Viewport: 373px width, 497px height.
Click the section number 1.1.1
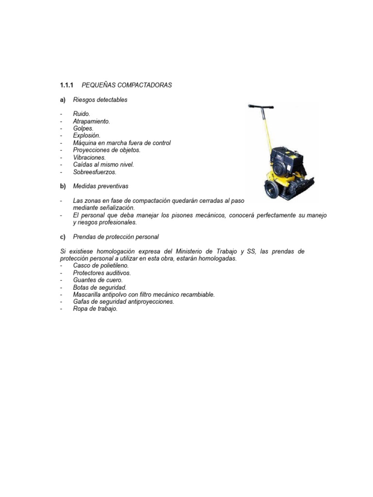pos(66,85)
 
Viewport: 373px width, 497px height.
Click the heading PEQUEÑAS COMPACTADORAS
pos(127,85)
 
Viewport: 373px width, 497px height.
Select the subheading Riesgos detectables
pos(100,99)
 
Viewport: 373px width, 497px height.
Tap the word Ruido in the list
pos(82,114)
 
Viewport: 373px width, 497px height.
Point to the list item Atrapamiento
pos(91,121)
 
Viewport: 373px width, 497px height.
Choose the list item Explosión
pos(86,136)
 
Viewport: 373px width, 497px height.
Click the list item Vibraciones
pos(89,157)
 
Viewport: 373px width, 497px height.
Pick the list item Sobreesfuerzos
pos(95,172)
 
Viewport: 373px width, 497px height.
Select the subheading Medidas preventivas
pos(101,186)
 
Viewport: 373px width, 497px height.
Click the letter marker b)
pos(63,186)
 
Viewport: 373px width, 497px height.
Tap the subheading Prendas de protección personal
pos(116,237)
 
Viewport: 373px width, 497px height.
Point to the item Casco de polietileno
pos(101,265)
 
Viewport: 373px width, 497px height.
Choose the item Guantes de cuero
pos(98,280)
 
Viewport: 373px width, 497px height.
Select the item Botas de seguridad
pos(99,287)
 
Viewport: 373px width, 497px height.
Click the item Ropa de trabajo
pos(95,309)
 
